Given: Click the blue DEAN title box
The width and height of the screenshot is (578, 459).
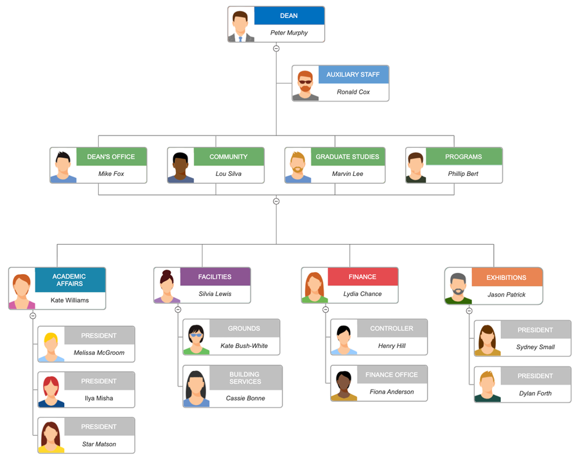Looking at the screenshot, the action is pos(289,15).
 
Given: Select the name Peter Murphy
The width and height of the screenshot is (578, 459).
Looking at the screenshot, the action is pos(289,33).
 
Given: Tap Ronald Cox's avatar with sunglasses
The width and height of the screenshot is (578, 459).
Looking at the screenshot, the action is pos(305,85).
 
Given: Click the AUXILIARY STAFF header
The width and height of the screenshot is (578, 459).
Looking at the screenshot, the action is pos(353,74).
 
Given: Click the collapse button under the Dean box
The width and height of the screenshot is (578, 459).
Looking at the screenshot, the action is pos(276,48).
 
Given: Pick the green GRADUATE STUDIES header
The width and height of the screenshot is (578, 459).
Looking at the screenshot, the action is pos(347,157).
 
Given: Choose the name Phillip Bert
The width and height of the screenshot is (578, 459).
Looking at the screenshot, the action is pos(463,174).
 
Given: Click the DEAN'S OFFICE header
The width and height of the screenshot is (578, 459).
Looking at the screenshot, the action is pos(111,157).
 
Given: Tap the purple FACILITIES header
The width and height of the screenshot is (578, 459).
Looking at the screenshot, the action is pos(215,277).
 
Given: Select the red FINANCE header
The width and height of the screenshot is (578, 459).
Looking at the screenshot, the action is pos(363,277).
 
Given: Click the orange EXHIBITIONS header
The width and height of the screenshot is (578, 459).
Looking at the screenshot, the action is pos(507,277).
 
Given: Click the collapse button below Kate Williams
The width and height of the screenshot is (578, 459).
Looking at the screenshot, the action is pos(33,316).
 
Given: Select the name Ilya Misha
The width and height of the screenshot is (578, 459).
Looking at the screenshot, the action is pos(99,398).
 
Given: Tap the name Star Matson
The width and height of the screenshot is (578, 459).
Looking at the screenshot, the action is pos(99,444).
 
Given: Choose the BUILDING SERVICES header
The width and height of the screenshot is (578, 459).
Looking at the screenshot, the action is pos(245,378).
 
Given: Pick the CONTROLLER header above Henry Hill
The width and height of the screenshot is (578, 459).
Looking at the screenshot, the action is pos(392,328).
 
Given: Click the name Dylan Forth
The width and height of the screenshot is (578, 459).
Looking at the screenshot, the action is pos(535,394).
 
